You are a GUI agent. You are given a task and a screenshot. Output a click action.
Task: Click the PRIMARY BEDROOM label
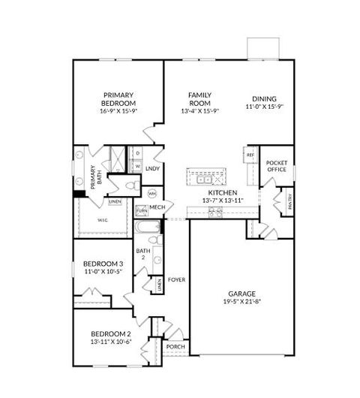point(118,99)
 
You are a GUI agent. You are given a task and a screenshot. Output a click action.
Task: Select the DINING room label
point(264,98)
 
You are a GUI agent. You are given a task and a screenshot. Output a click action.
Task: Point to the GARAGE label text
point(242,294)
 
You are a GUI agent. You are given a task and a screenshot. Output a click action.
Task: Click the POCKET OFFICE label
point(277,166)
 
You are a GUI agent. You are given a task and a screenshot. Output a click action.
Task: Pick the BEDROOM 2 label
point(111,333)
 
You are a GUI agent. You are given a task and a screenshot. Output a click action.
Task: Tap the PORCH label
point(175,347)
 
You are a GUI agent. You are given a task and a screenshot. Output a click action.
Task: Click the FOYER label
point(176,279)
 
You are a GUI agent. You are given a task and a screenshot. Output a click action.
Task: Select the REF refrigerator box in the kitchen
point(250,155)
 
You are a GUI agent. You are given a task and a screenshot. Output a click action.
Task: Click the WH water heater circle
point(152,194)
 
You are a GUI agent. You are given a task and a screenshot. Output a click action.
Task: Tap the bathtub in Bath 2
point(145,227)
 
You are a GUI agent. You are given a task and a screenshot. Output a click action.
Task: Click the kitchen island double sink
point(205,179)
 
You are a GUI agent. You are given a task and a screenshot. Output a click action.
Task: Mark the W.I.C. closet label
point(103,220)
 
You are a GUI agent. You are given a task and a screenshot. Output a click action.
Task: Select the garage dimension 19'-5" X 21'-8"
point(242,303)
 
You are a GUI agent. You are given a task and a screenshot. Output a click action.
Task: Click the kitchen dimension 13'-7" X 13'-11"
point(223,201)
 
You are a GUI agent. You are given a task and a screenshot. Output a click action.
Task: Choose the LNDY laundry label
point(152,168)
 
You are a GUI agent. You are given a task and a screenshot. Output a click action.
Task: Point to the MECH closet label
point(157,207)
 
